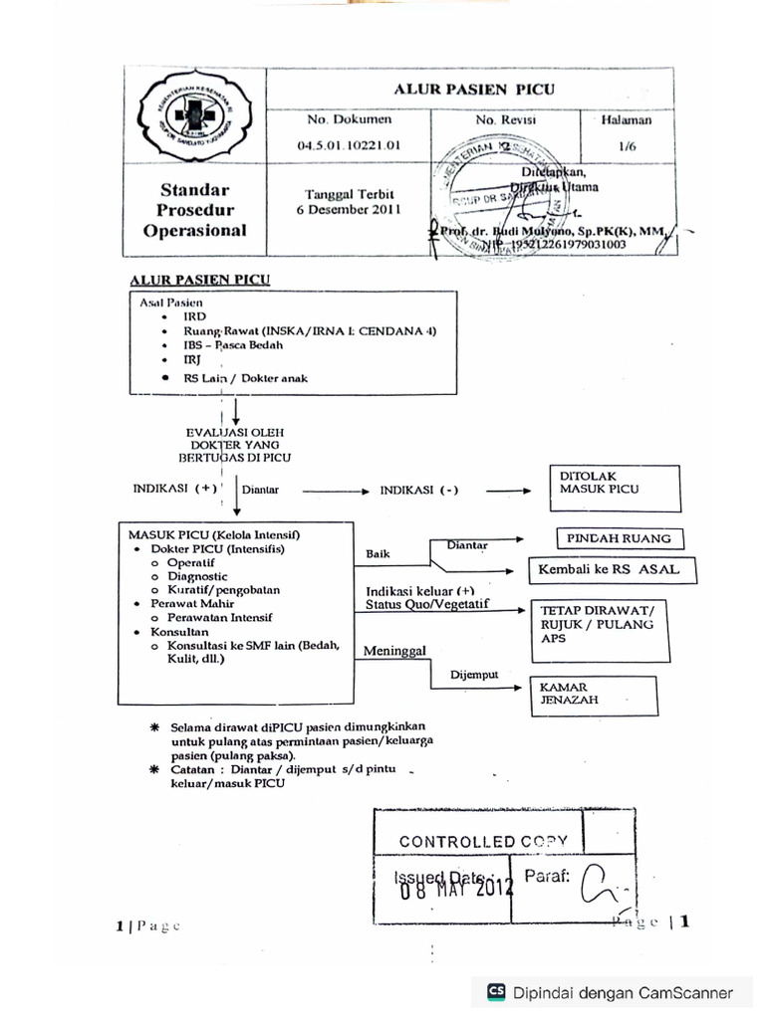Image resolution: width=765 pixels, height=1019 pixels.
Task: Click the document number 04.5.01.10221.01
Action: tap(349, 145)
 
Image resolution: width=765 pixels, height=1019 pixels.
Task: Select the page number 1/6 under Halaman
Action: tap(627, 145)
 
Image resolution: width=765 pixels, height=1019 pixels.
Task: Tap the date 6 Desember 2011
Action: tap(349, 210)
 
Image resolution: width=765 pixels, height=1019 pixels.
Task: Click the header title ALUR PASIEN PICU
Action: tap(474, 89)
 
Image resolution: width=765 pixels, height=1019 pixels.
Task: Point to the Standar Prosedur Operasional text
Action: tap(195, 210)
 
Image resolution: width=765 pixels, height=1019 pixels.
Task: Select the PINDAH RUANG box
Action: tap(619, 538)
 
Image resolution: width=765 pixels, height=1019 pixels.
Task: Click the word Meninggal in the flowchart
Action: tap(394, 651)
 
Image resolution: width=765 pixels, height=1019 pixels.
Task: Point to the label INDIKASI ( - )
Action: tap(419, 491)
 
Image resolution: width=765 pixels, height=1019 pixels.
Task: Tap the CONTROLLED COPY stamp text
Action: tap(483, 841)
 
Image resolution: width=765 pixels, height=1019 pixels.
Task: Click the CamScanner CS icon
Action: tap(496, 991)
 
